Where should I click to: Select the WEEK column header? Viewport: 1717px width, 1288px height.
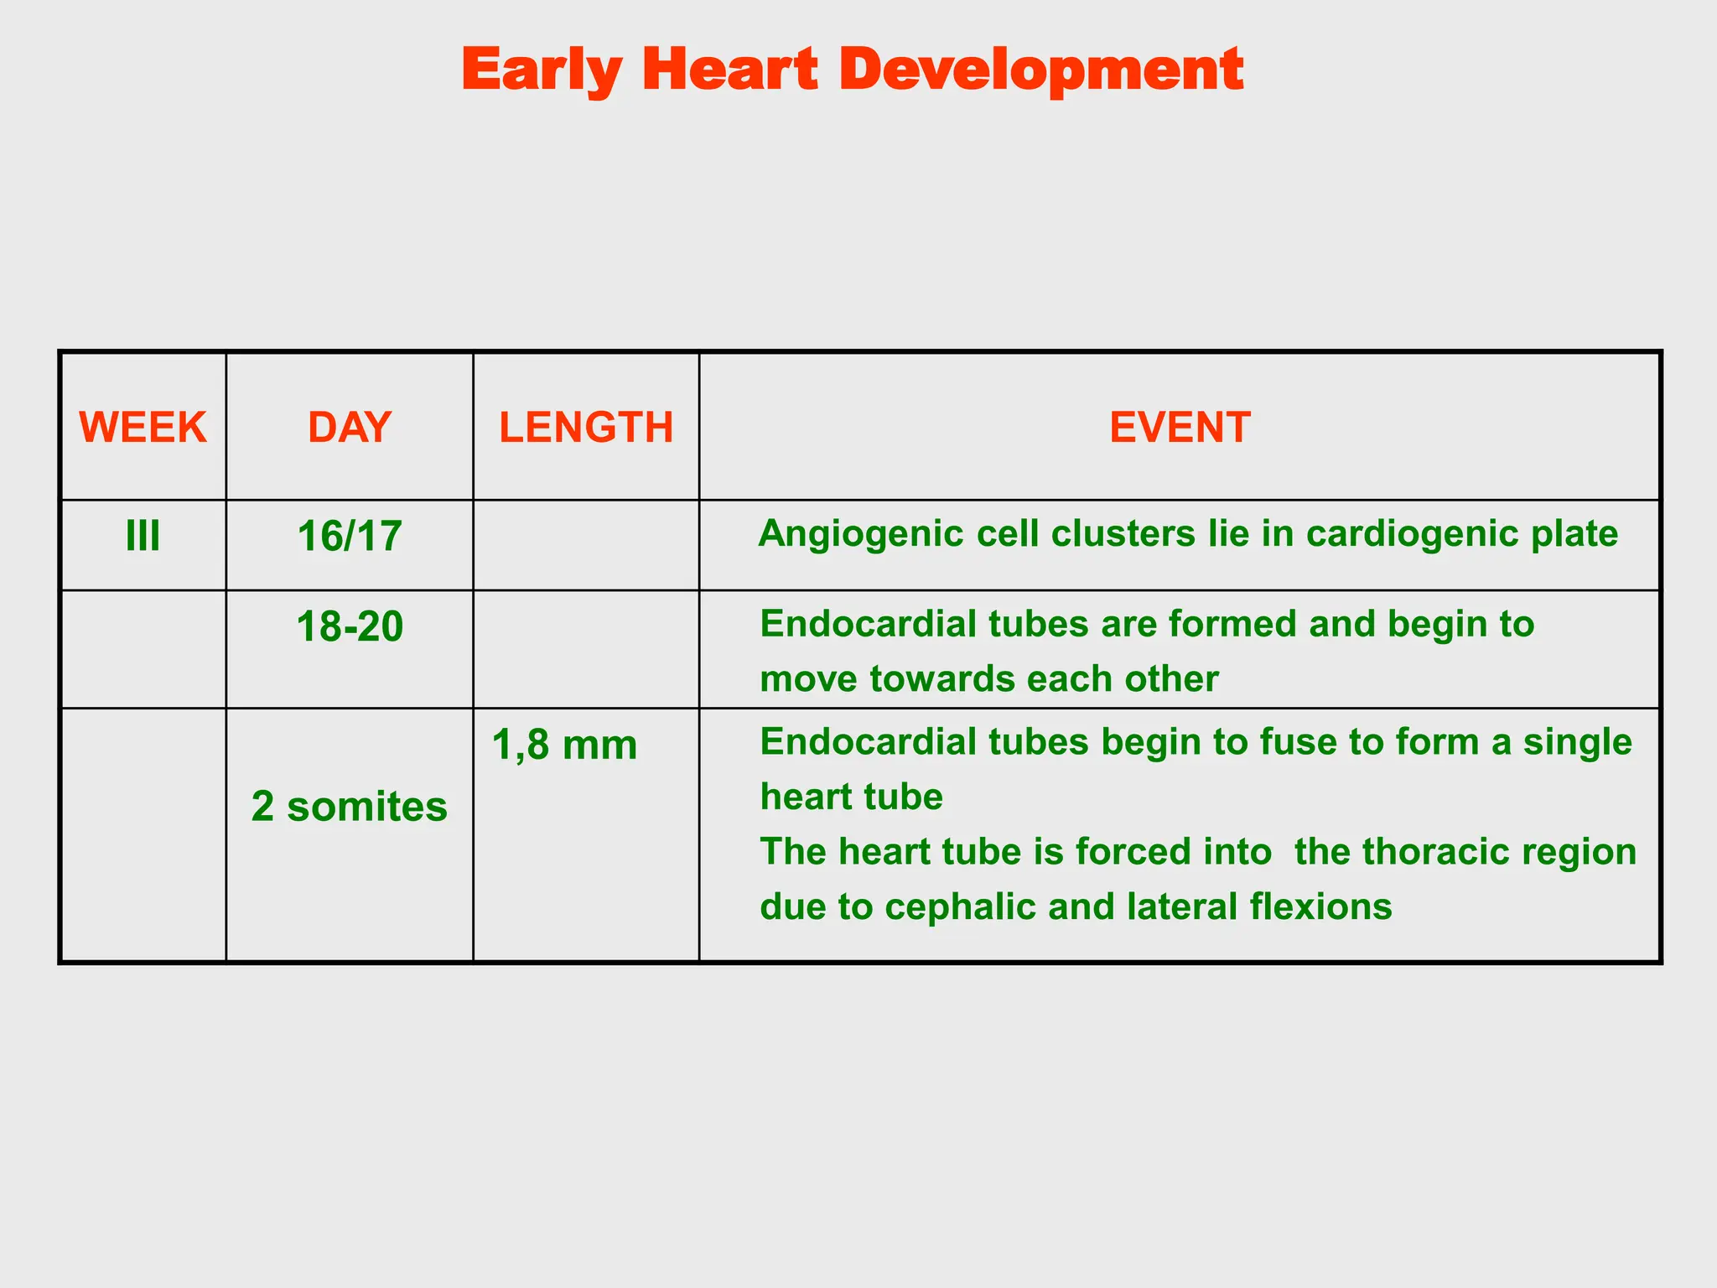point(143,428)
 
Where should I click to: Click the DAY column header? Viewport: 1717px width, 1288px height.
point(349,428)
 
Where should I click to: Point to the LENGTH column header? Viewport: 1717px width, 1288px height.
point(586,428)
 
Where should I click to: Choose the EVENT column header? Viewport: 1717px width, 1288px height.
point(1180,428)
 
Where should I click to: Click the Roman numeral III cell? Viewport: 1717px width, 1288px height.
point(143,536)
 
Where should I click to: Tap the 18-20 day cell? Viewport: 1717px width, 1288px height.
point(349,627)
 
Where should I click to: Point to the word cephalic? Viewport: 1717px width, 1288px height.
point(960,906)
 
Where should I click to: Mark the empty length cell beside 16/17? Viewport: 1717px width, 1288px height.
point(586,545)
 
